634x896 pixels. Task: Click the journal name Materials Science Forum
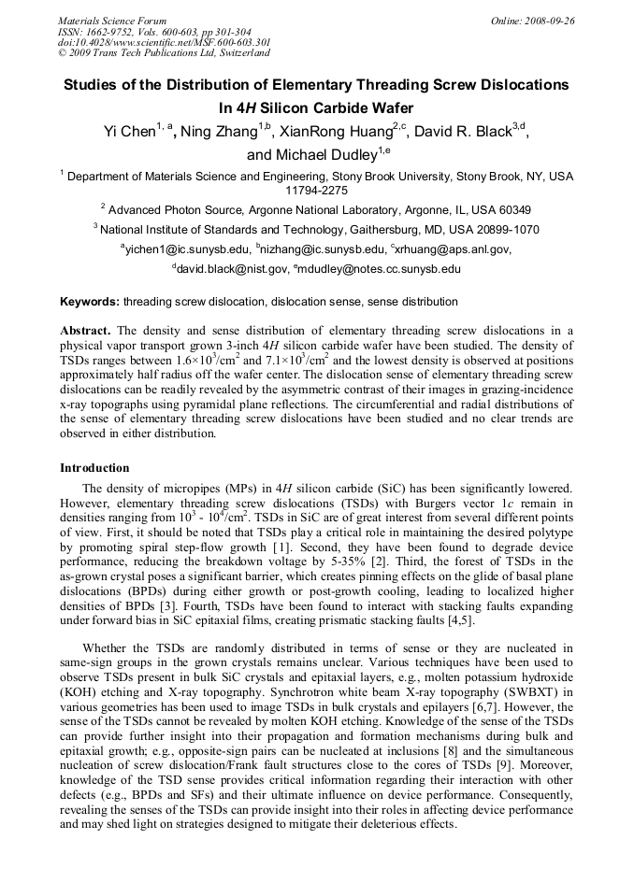click(x=112, y=20)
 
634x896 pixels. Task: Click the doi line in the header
click(x=165, y=42)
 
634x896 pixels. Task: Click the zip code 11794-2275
click(x=317, y=190)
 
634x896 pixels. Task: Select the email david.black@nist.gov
click(x=230, y=269)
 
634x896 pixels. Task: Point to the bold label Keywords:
click(x=90, y=302)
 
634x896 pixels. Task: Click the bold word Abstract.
click(x=86, y=331)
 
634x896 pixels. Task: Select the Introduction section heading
click(x=94, y=467)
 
